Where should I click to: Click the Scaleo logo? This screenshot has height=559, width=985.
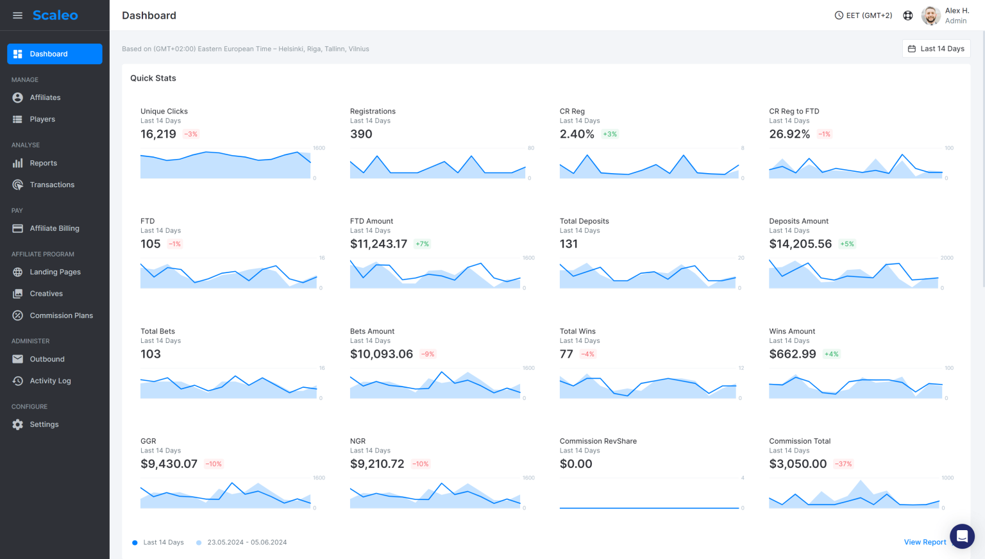coord(55,15)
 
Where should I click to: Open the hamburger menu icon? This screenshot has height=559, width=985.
coord(18,15)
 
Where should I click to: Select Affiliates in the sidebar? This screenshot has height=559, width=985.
coord(45,97)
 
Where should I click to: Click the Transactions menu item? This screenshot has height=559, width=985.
coord(52,185)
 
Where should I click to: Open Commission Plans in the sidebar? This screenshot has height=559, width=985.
coord(61,315)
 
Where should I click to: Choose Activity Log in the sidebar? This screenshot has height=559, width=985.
coord(50,381)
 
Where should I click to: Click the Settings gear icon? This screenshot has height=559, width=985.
coord(18,424)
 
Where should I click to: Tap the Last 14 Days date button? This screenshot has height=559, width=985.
coord(936,49)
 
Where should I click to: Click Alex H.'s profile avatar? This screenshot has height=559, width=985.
coord(930,15)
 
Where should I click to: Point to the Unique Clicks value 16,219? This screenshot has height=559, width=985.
coord(158,134)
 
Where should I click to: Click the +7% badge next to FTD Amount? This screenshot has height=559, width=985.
coord(422,244)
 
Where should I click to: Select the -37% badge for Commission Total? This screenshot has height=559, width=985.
coord(843,464)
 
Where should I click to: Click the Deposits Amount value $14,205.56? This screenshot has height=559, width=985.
coord(800,244)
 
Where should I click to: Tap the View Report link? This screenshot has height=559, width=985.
coord(925,542)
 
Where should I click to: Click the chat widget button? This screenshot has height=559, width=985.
coord(962,536)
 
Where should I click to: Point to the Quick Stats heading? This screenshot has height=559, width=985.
coord(153,78)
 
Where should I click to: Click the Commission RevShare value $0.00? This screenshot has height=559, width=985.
coord(576,464)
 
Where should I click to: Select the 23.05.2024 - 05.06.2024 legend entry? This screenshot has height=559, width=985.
coord(247,542)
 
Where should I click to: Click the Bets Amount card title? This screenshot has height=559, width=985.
coord(372,331)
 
